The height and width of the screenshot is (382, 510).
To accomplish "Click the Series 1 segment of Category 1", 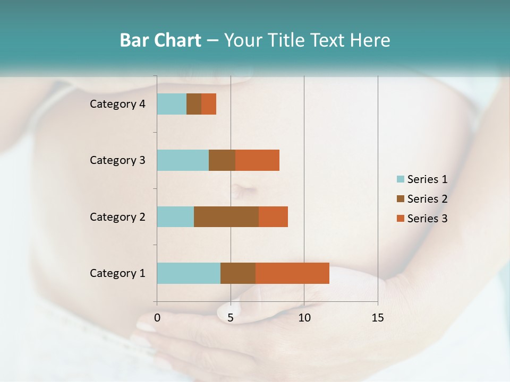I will pos(189,273).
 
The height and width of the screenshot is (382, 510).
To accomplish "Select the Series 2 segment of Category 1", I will pos(238,273).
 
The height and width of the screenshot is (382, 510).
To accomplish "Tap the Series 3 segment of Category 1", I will pos(292,273).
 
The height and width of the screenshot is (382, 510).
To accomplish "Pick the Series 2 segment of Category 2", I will pos(226,216).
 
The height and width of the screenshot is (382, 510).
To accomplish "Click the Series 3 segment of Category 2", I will pos(273,216).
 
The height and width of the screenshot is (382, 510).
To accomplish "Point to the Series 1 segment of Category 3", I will pos(183,160).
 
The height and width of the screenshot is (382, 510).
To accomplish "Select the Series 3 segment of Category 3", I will pos(257,160).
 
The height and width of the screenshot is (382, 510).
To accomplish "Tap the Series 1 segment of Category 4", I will pos(172,104).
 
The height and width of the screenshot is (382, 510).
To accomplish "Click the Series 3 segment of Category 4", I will pos(209,104).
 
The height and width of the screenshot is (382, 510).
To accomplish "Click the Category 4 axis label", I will pos(117,104).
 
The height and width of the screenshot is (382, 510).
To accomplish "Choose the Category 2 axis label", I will pos(117,216).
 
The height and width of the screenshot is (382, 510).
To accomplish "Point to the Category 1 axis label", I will pos(117,273).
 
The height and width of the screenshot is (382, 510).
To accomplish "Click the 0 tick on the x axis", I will pos(157,318).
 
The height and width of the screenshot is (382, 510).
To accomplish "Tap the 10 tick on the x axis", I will pos(304,318).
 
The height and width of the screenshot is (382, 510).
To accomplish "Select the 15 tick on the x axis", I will pos(377,318).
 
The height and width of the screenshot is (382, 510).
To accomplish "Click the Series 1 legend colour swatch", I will pos(400,179).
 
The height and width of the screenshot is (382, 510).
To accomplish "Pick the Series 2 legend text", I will pos(427,199).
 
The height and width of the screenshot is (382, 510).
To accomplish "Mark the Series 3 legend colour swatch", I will pos(400,219).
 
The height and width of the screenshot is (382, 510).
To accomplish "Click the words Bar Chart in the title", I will pos(160,40).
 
